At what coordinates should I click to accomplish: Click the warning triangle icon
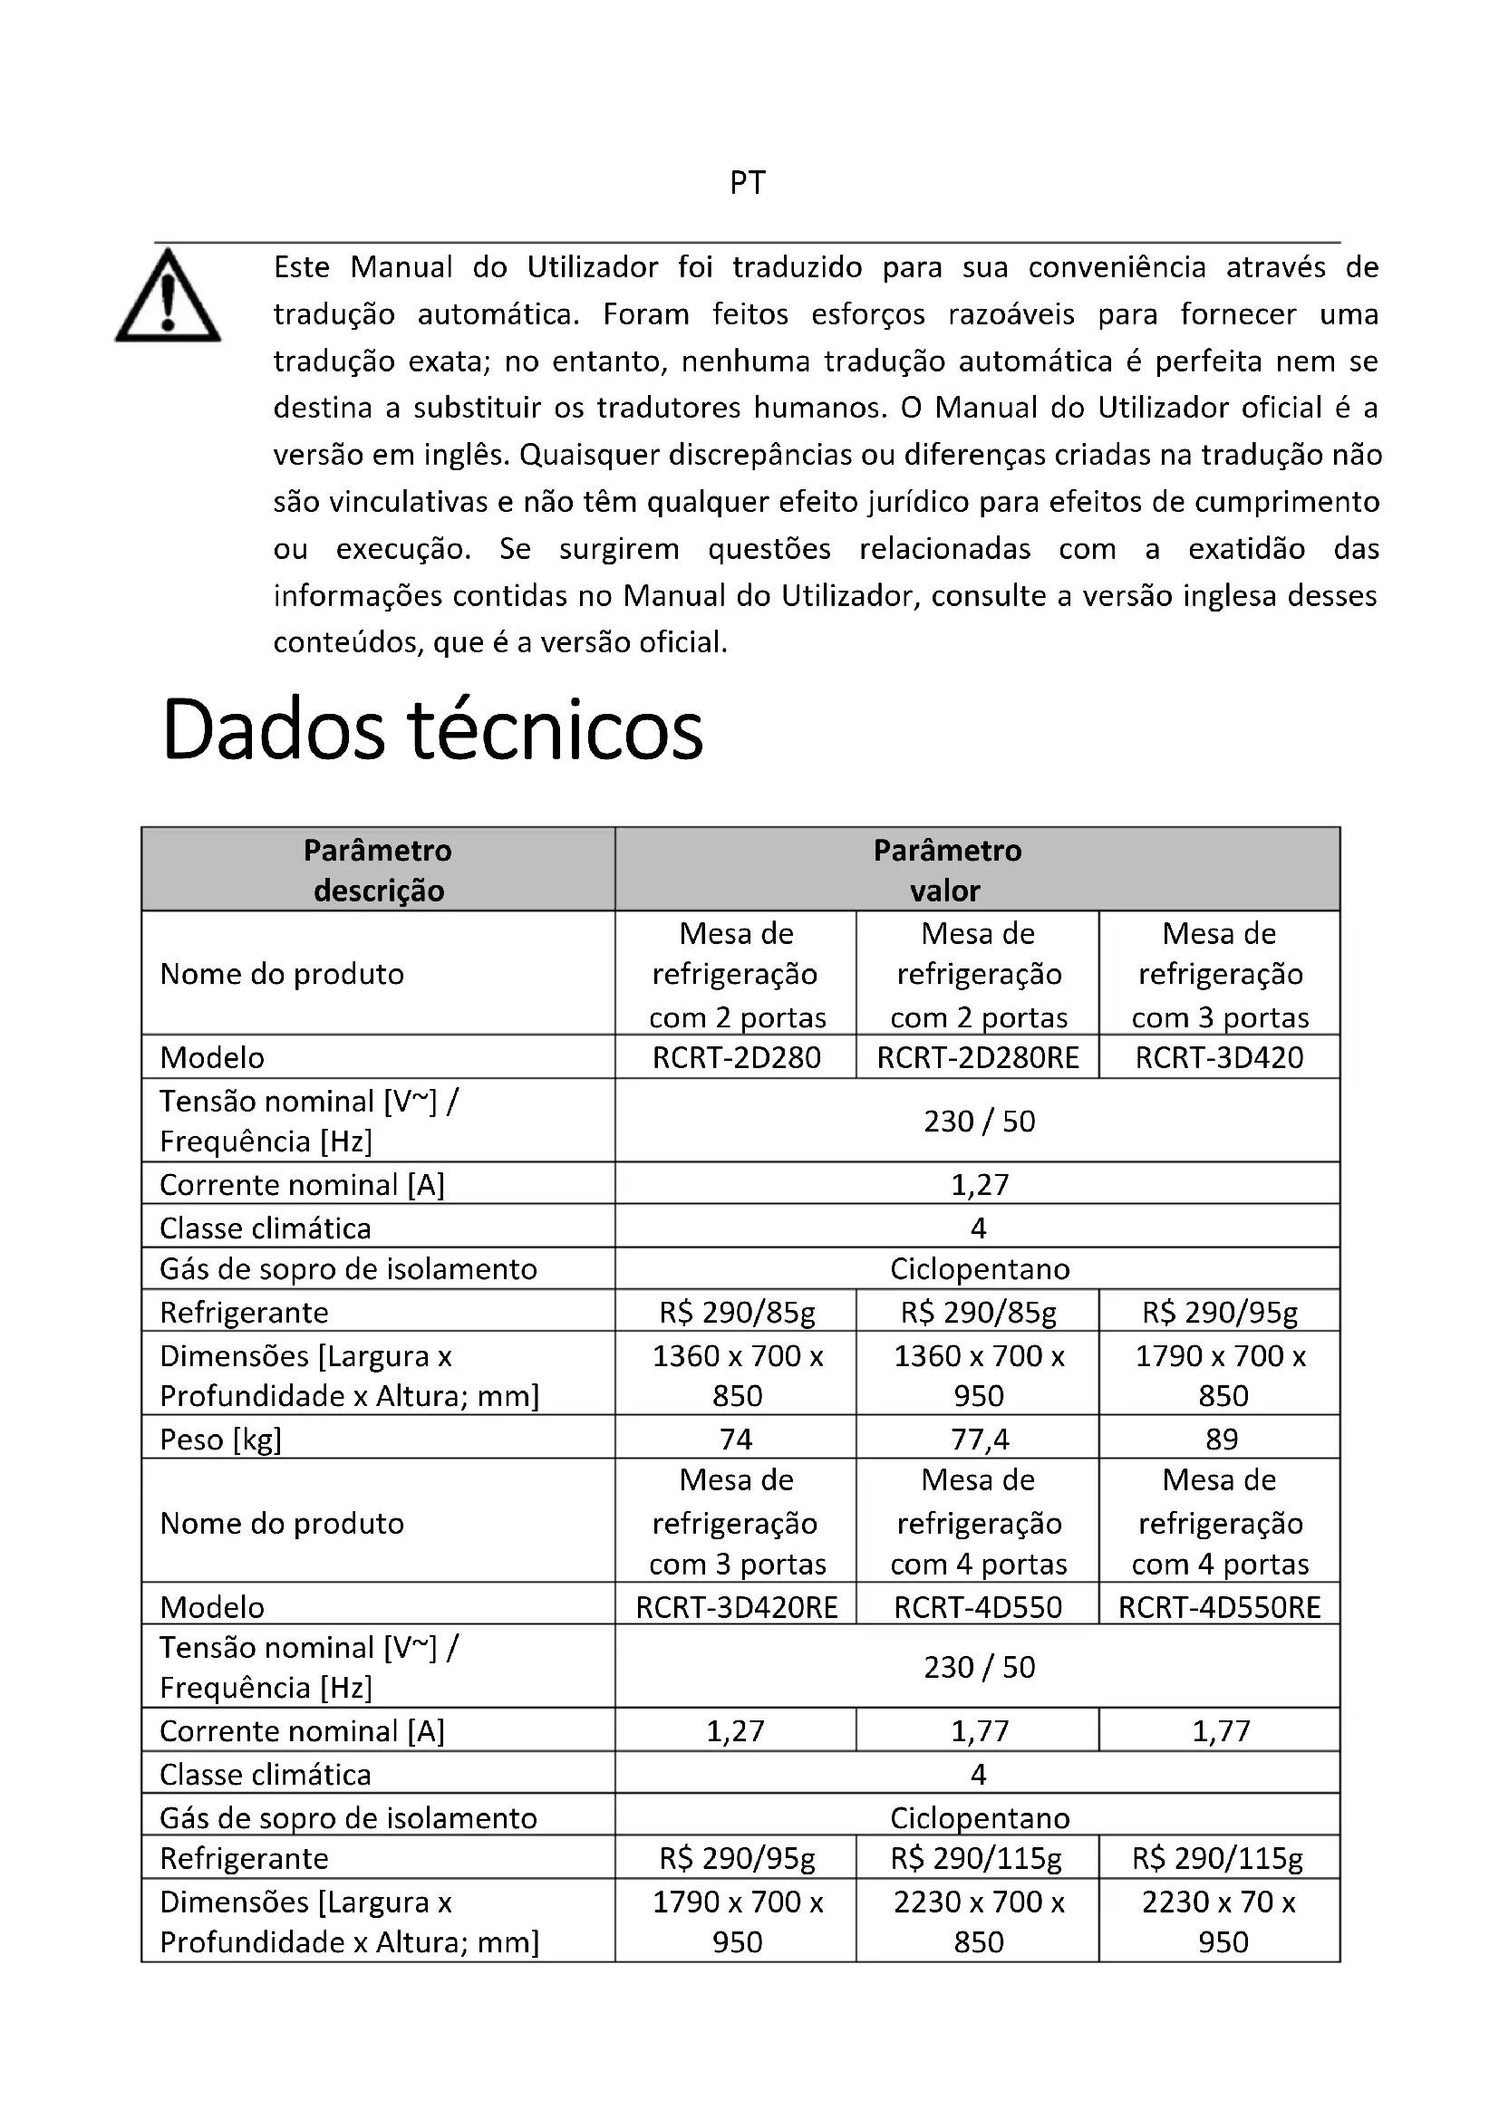click(168, 298)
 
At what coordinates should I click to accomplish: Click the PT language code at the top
click(748, 183)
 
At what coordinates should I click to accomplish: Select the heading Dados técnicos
click(432, 730)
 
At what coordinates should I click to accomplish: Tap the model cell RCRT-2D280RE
click(978, 1057)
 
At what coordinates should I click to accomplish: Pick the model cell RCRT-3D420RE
click(737, 1607)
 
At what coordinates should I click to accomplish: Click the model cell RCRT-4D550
click(978, 1607)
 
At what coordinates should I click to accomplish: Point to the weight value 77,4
click(980, 1439)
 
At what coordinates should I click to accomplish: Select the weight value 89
click(1221, 1439)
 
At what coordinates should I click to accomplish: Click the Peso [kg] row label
click(220, 1440)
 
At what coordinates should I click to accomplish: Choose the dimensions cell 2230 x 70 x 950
click(1219, 1921)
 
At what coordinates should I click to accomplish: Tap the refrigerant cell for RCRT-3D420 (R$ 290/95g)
click(1219, 1312)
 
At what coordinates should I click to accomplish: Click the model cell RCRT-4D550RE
click(1219, 1607)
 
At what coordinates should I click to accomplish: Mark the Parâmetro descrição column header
click(379, 870)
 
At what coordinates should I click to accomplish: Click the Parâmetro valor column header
click(947, 870)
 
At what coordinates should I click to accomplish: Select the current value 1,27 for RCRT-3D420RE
click(736, 1730)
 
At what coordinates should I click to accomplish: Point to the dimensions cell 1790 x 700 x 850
click(1220, 1375)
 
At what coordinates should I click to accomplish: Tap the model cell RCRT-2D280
click(737, 1057)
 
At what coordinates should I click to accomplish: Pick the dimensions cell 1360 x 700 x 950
click(979, 1375)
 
